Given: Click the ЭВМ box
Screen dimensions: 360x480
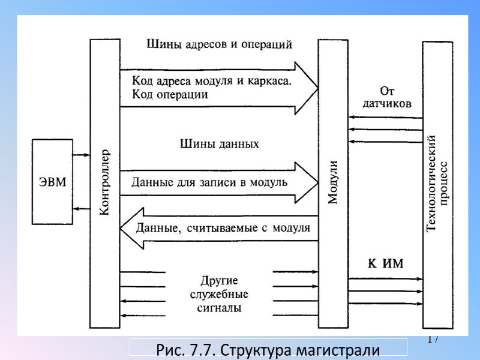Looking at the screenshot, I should [x=53, y=182].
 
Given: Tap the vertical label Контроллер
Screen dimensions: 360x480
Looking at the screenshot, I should [x=104, y=182].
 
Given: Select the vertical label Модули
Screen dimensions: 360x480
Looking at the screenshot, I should [x=334, y=182].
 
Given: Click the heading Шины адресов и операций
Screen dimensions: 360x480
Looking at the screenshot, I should [x=219, y=44].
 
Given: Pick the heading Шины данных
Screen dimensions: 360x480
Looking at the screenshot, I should [x=220, y=144].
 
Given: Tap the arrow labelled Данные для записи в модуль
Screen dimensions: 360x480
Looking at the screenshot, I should [x=209, y=182].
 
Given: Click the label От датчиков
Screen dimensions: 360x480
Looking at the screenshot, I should [x=387, y=97].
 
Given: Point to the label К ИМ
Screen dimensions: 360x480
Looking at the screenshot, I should [x=385, y=263].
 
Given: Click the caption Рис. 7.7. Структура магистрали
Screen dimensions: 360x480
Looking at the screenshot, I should [x=268, y=349].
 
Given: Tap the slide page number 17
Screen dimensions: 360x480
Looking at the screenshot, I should [x=433, y=340].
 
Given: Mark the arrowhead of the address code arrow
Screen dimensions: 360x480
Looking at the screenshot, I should [x=306, y=88].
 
